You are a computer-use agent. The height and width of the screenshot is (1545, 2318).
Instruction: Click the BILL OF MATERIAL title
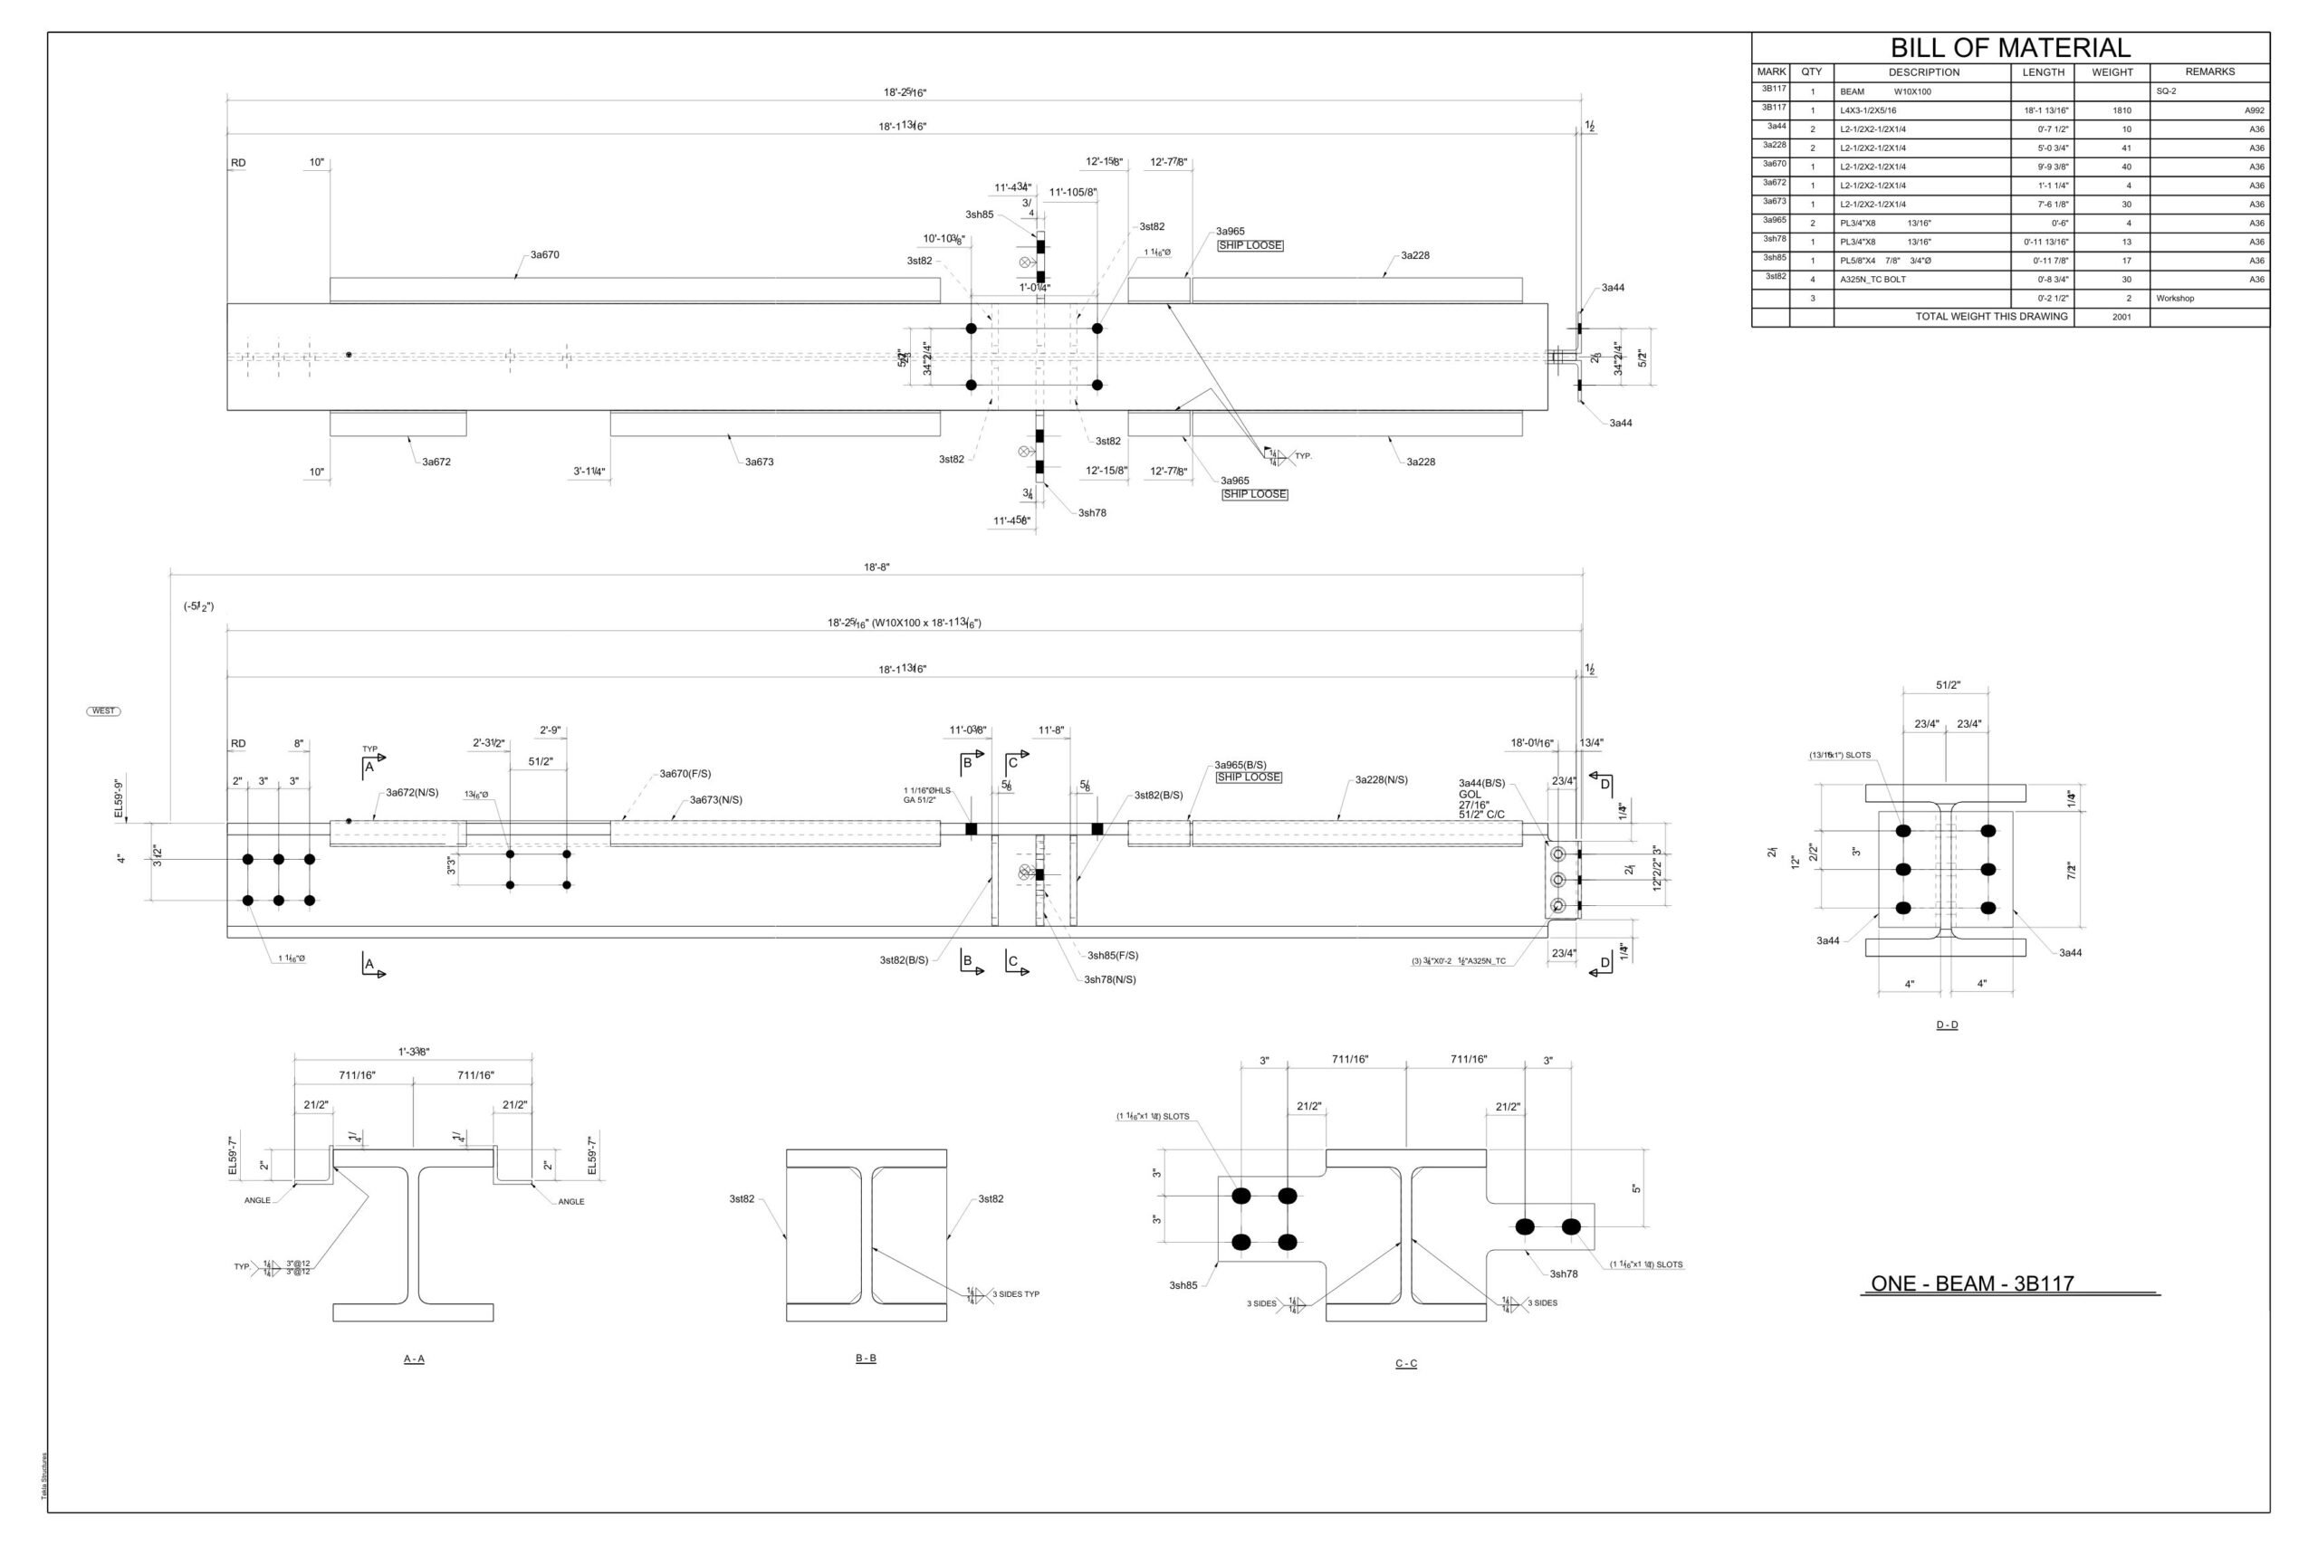pos(2009,48)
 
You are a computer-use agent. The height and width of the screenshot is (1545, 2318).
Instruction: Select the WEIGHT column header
pos(2112,72)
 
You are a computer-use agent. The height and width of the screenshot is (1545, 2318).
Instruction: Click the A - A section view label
pos(414,1359)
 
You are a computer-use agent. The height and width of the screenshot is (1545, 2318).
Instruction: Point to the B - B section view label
pos(866,1359)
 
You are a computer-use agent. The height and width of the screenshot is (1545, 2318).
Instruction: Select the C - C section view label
pos(1405,1364)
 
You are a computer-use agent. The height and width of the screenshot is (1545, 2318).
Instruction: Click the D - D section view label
pos(1947,1025)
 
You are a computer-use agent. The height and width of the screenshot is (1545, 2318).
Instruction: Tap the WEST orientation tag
pos(103,711)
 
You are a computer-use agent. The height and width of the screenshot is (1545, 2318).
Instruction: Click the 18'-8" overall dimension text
pos(876,567)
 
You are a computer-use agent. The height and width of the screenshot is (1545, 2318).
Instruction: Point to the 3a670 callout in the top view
pos(545,255)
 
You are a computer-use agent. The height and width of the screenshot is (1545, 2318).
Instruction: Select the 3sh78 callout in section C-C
pos(1563,1274)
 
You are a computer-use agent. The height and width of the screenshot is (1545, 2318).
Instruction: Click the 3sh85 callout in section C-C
pos(1183,1286)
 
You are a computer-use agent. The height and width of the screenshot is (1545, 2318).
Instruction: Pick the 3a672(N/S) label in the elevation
pos(412,792)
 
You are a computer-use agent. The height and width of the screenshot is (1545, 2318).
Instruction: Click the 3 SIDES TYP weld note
pos(1015,1294)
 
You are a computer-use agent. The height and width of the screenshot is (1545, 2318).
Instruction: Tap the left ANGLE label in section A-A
pos(257,1201)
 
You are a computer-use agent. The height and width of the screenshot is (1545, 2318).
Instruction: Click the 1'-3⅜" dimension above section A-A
pos(414,1053)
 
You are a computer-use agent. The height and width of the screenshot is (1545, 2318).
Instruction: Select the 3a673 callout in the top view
pos(759,463)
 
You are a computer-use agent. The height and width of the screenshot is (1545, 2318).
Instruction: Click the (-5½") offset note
pos(198,607)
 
